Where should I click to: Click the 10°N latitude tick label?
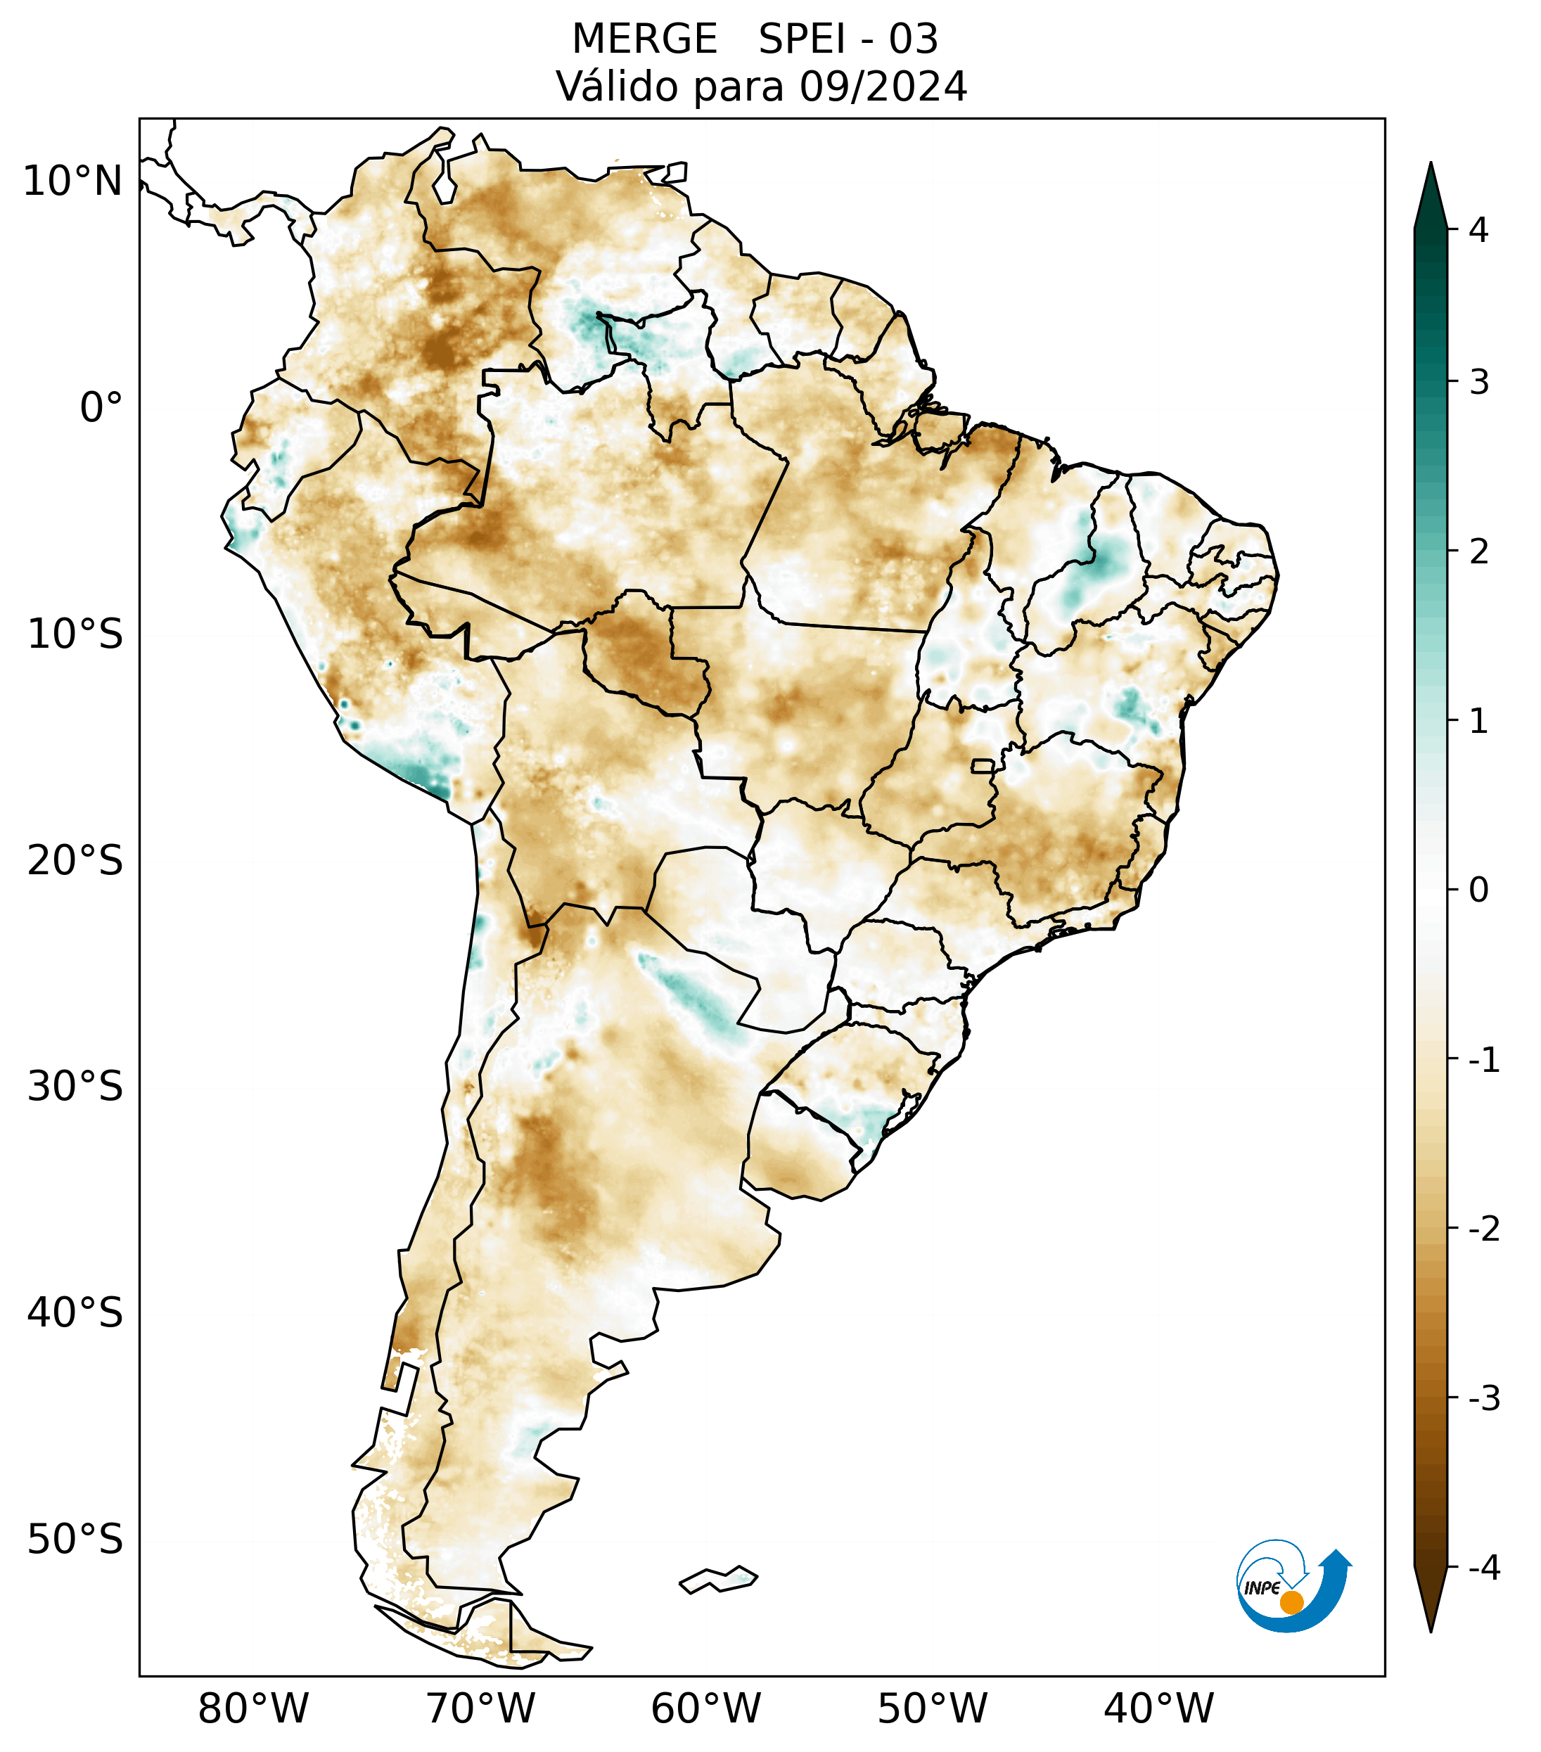tap(72, 181)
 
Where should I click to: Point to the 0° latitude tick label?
tap(101, 408)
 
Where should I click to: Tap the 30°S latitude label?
tap(75, 1087)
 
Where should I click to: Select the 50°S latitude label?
tap(75, 1540)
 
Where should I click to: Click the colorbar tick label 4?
tap(1478, 230)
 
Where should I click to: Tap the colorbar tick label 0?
tap(1478, 890)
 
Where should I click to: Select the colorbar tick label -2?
tap(1483, 1229)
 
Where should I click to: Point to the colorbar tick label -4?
tap(1483, 1568)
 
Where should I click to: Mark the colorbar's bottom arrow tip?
tap(1431, 1630)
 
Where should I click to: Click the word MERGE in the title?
tap(644, 39)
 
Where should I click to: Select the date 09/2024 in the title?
tap(883, 87)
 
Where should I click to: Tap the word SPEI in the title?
tap(800, 39)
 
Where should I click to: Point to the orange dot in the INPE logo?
tap(1291, 1602)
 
